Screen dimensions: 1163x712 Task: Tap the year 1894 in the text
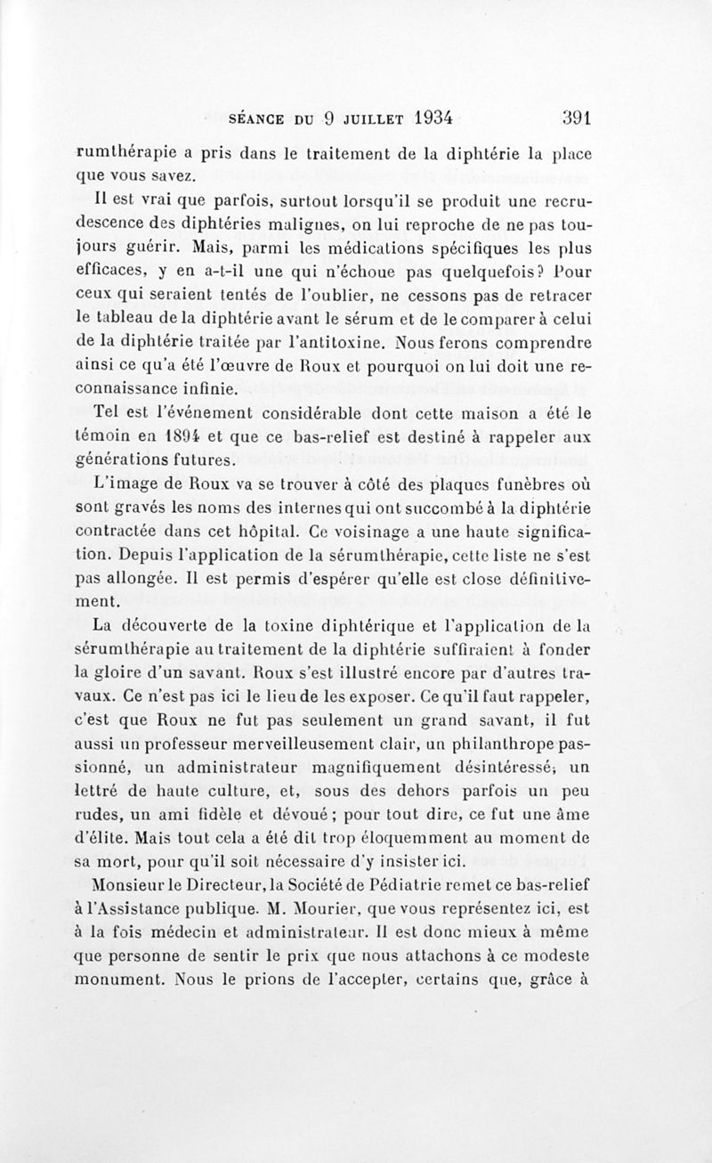coord(174,437)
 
